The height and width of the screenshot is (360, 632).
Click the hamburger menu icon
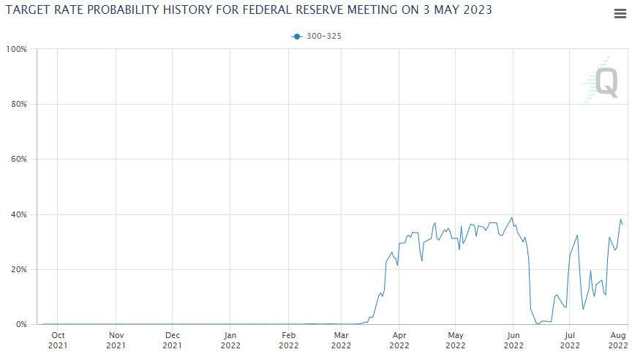pyautogui.click(x=620, y=14)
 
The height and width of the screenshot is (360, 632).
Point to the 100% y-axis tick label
pyautogui.click(x=17, y=49)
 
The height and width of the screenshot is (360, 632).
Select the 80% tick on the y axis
pyautogui.click(x=18, y=104)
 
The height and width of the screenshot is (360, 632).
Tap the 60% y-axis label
pyautogui.click(x=18, y=159)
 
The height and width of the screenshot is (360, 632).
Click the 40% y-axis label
pyautogui.click(x=18, y=214)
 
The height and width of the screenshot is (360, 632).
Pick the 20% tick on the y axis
pyautogui.click(x=18, y=269)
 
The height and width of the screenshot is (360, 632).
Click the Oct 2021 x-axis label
pyautogui.click(x=58, y=340)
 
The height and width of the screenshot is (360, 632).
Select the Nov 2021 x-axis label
pyautogui.click(x=116, y=340)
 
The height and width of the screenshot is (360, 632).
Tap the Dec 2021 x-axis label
pyautogui.click(x=172, y=340)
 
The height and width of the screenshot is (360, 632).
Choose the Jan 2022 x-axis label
pyautogui.click(x=230, y=340)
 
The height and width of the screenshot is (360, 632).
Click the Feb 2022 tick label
pyautogui.click(x=288, y=340)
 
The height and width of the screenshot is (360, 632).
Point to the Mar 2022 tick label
pyautogui.click(x=341, y=340)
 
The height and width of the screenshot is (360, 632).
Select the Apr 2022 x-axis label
pyautogui.click(x=399, y=340)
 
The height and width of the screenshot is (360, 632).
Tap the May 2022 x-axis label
pyautogui.click(x=455, y=340)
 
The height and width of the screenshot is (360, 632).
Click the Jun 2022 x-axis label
pyautogui.click(x=513, y=340)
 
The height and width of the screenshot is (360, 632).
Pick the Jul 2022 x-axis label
pyautogui.click(x=569, y=340)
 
